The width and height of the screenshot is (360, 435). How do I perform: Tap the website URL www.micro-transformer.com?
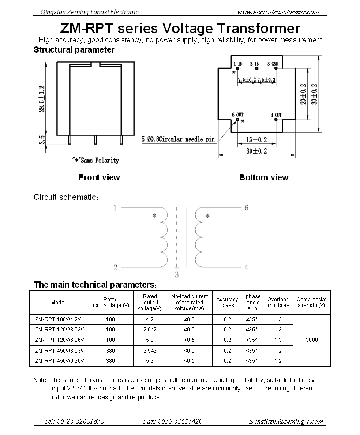point(278,12)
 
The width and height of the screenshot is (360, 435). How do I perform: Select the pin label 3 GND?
point(273,64)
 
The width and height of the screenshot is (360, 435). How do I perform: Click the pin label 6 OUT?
point(237,115)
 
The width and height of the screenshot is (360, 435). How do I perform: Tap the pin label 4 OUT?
point(276,115)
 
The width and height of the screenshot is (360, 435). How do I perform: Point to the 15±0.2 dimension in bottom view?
point(257,140)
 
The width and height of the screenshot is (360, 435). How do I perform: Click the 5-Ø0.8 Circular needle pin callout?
point(179,139)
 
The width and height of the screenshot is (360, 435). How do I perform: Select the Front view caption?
point(99,177)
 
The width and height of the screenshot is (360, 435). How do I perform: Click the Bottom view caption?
point(263,177)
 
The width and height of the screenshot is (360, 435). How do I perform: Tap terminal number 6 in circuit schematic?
point(246,207)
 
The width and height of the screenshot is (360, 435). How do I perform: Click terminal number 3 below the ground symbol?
point(177,275)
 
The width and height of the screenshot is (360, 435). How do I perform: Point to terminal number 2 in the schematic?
point(116,267)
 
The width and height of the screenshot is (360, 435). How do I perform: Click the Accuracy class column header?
point(227,302)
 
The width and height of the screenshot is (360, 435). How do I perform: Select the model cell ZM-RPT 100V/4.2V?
point(59,319)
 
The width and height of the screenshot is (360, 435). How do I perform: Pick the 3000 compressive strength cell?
point(311,340)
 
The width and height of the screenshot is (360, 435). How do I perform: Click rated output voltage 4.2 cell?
point(150,319)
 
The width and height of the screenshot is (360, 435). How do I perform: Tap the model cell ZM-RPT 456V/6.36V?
point(59,361)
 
